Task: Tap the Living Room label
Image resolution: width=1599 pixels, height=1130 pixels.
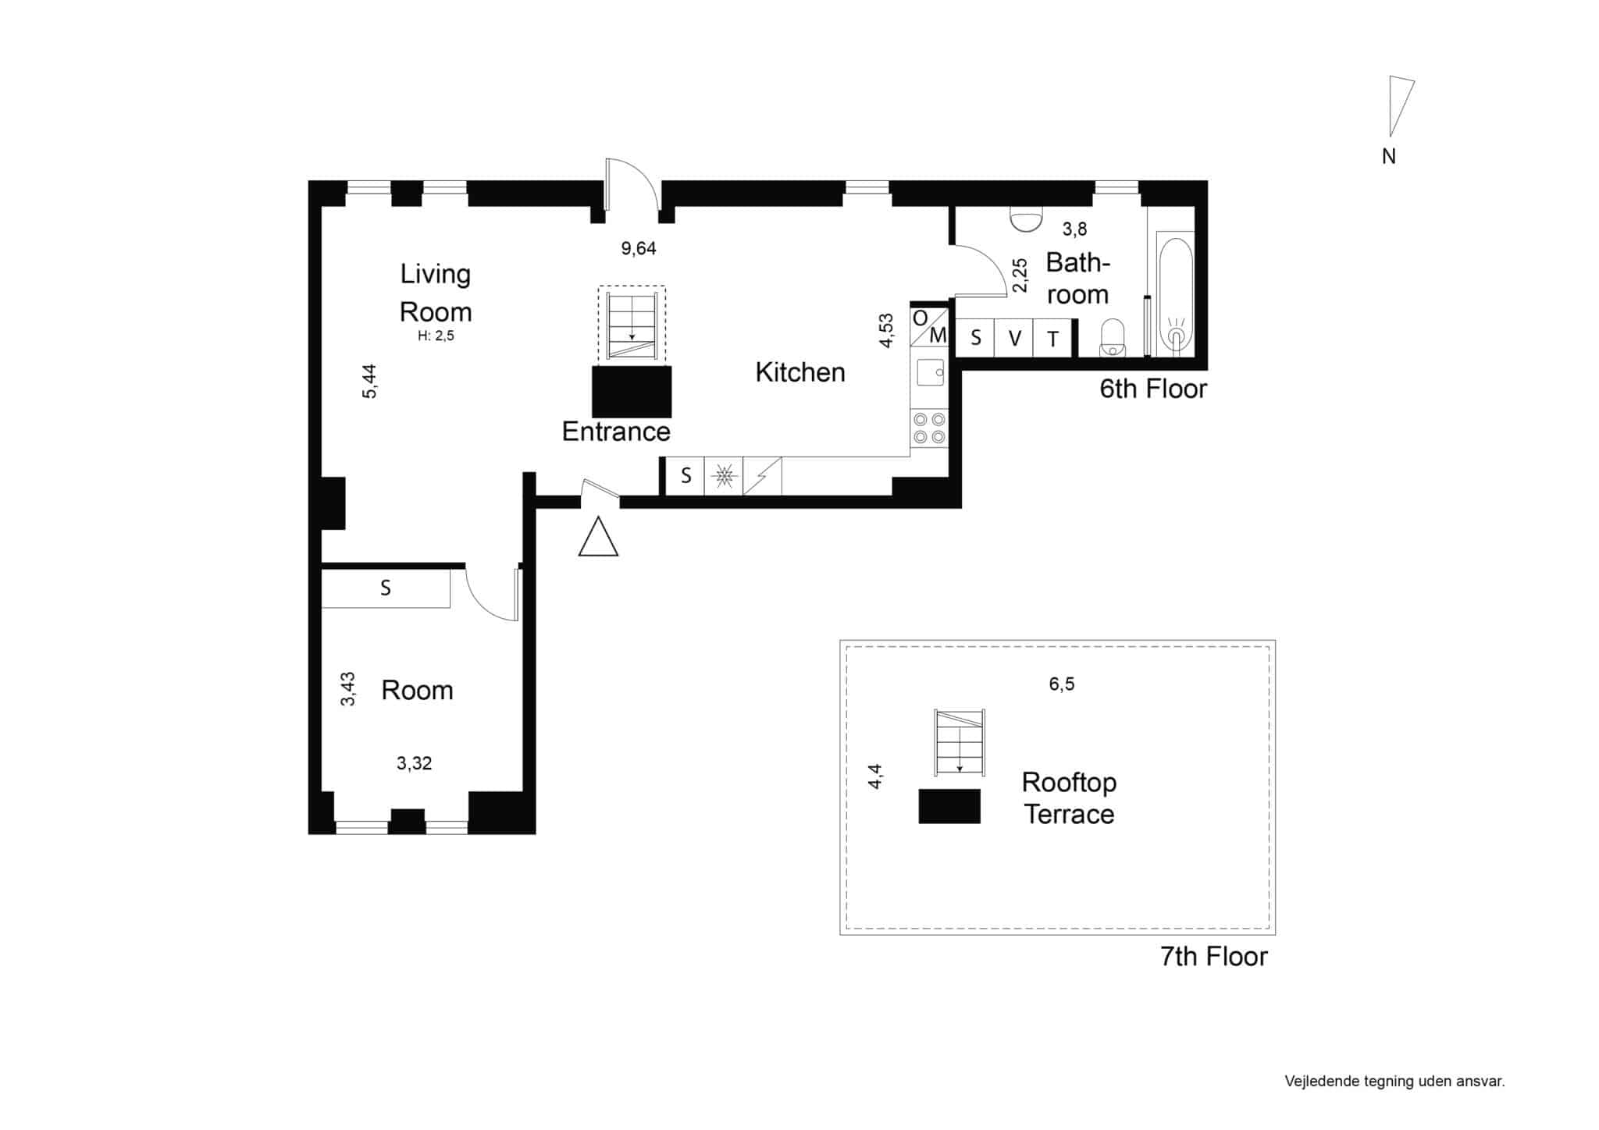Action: click(436, 293)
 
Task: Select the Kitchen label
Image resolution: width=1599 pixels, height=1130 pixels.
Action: click(800, 372)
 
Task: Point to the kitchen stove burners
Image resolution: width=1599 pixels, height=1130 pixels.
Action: click(929, 428)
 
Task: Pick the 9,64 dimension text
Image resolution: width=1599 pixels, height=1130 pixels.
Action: click(639, 248)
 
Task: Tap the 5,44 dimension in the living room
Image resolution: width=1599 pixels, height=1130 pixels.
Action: click(369, 382)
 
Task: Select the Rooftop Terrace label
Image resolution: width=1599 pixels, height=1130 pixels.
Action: click(1069, 798)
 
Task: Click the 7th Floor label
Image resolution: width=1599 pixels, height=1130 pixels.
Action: click(1214, 956)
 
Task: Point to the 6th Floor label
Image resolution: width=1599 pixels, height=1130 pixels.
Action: click(1153, 389)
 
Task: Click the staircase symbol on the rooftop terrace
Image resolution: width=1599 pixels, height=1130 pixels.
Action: click(960, 742)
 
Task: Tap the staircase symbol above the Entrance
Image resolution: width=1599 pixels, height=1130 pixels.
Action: click(632, 325)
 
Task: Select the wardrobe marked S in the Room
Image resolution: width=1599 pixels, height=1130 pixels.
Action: click(386, 588)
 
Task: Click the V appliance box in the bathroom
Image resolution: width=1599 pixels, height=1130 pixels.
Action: click(1014, 338)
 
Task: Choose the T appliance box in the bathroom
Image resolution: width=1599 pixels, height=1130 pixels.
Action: click(1053, 338)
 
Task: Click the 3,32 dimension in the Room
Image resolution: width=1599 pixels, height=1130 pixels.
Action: click(414, 763)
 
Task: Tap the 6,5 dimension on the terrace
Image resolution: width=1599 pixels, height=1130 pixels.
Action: click(1062, 684)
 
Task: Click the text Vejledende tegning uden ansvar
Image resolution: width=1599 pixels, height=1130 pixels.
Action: click(1394, 1081)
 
